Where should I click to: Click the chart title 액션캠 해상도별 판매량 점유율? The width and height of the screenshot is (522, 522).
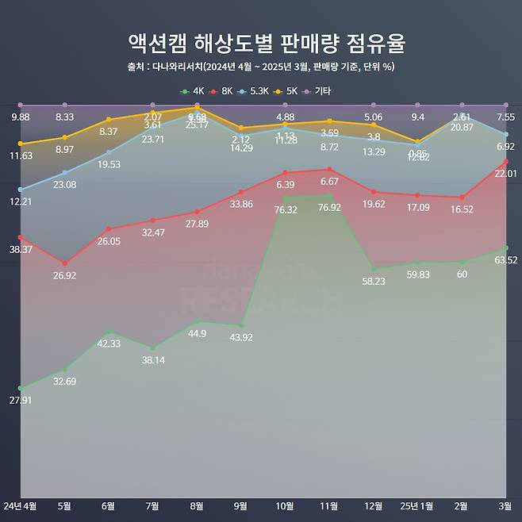click(x=260, y=42)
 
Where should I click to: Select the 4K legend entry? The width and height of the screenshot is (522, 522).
click(x=194, y=91)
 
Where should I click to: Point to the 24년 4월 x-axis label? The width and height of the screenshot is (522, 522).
click(x=20, y=505)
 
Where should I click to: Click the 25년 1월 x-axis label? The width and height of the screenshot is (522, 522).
click(x=416, y=505)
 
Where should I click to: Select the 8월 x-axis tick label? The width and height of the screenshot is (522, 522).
click(x=197, y=505)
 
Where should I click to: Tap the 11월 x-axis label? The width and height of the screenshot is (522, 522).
click(x=329, y=505)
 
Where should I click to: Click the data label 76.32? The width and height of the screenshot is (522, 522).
click(x=285, y=209)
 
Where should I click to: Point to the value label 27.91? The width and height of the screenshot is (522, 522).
click(x=21, y=400)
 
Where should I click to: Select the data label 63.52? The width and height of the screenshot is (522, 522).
click(x=505, y=259)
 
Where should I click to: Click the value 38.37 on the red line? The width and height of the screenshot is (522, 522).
click(x=21, y=249)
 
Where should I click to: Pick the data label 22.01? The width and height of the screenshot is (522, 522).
click(x=505, y=173)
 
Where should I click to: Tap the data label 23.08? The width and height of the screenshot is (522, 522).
click(x=64, y=184)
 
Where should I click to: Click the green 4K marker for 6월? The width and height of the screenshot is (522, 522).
click(x=109, y=332)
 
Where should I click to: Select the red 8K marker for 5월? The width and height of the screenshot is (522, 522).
click(x=64, y=263)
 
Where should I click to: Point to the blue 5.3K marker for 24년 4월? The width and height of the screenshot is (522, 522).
click(x=20, y=190)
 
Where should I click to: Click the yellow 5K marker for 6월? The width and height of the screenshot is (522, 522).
click(x=109, y=120)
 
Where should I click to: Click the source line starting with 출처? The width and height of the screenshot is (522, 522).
click(x=260, y=67)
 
